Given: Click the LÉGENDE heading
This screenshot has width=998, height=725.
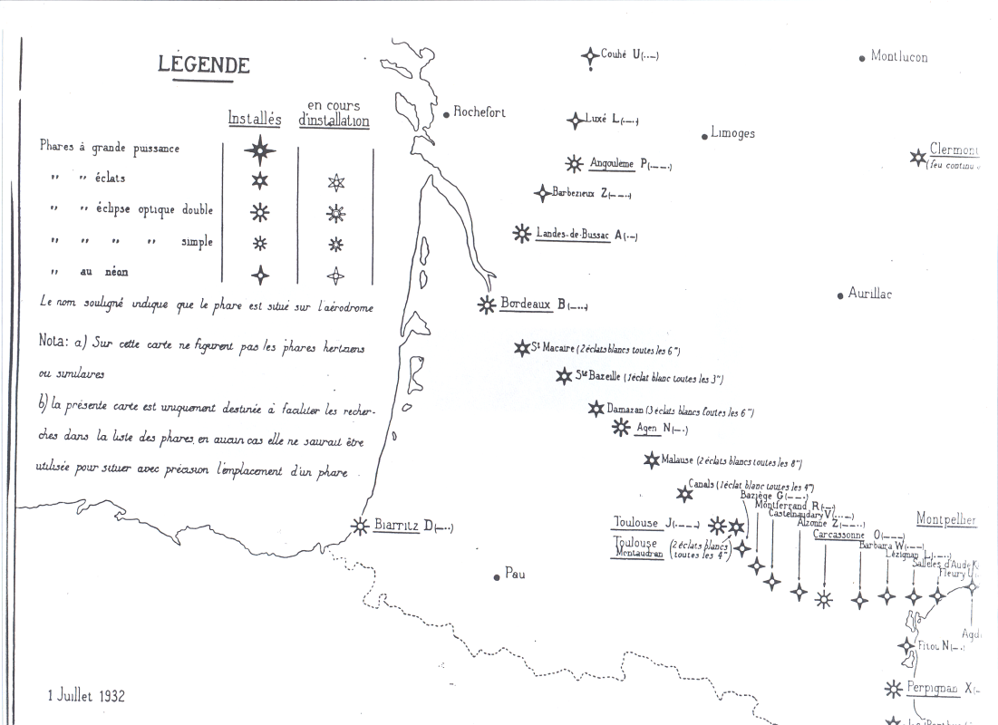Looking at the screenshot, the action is [204, 65].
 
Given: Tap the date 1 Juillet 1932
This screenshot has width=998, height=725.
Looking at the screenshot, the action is [86, 696].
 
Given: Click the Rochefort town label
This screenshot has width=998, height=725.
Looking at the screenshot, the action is [480, 112].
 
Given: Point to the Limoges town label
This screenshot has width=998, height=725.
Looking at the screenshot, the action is [732, 133].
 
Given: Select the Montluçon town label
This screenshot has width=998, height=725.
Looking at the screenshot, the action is [899, 56].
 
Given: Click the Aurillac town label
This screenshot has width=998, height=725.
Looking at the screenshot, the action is [869, 294].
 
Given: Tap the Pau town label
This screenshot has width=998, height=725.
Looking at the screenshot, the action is [515, 574].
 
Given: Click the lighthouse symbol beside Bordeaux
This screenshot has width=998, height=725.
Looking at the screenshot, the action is [487, 305].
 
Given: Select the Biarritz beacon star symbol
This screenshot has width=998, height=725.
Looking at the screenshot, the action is [360, 526].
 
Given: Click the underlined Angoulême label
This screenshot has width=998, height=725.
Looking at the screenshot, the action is [612, 163].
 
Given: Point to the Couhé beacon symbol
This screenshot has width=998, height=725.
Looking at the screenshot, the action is [591, 55].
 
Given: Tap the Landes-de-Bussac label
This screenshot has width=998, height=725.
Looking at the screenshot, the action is [574, 233].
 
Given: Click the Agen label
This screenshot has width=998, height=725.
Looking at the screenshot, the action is [646, 428].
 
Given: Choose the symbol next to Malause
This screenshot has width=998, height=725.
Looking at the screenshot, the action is [651, 460].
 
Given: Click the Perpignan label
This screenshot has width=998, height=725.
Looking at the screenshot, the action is [932, 688].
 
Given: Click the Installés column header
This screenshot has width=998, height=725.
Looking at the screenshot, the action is [255, 119].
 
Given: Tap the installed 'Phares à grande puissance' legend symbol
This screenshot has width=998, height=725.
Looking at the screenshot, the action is [260, 150].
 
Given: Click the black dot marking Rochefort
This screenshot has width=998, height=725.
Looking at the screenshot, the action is [447, 114].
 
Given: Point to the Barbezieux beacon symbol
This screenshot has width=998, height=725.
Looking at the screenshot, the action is [542, 192].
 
